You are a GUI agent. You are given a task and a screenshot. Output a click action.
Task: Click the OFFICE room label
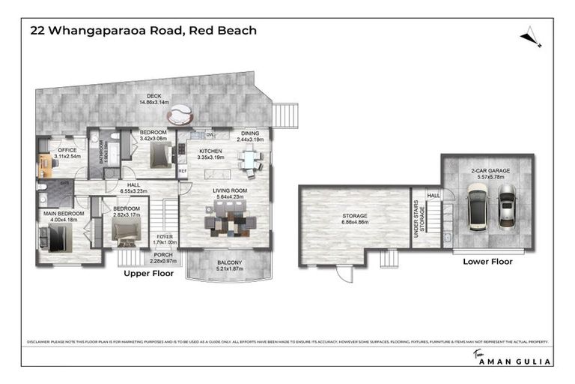coord(67,150)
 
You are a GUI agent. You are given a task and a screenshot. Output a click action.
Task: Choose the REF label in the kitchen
coord(182,171)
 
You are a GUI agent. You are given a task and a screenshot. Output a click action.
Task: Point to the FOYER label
coord(164,238)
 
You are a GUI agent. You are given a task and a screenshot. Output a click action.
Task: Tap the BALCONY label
coord(229,262)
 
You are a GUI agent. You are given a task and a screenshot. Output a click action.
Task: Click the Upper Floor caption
coord(148,274)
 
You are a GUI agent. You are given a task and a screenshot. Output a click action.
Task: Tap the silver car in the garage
coord(507,205)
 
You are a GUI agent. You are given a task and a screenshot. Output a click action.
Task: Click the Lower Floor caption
coord(487,262)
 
